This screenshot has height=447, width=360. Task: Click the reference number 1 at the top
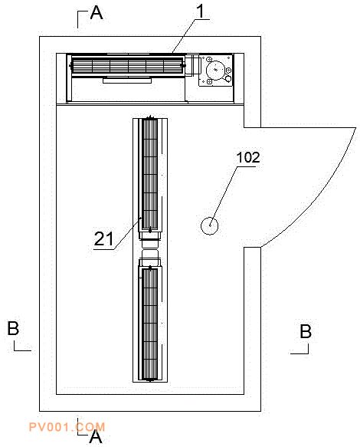(x=201, y=12)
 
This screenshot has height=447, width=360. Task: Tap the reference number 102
(x=248, y=157)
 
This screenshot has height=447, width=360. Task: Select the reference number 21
(x=103, y=238)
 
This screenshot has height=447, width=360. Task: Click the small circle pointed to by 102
(x=210, y=225)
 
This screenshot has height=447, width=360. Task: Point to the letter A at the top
(x=97, y=13)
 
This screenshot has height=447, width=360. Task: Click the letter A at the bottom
(x=96, y=436)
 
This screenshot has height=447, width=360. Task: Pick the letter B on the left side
(x=13, y=328)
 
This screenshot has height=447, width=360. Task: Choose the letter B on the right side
(x=306, y=331)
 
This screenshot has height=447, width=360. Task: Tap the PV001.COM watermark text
(x=67, y=427)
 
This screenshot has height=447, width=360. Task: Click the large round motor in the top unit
(x=215, y=70)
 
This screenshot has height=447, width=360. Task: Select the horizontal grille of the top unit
(x=127, y=66)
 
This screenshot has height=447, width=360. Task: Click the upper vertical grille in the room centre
(x=149, y=173)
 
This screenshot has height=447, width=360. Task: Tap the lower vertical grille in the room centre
(x=149, y=324)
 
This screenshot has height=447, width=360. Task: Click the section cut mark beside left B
(x=22, y=347)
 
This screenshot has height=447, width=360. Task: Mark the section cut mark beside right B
(x=299, y=350)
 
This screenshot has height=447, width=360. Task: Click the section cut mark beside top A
(x=82, y=19)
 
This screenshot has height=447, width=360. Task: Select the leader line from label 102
(x=224, y=196)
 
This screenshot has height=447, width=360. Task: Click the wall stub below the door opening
(x=252, y=321)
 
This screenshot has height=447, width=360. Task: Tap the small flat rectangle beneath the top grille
(x=127, y=81)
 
